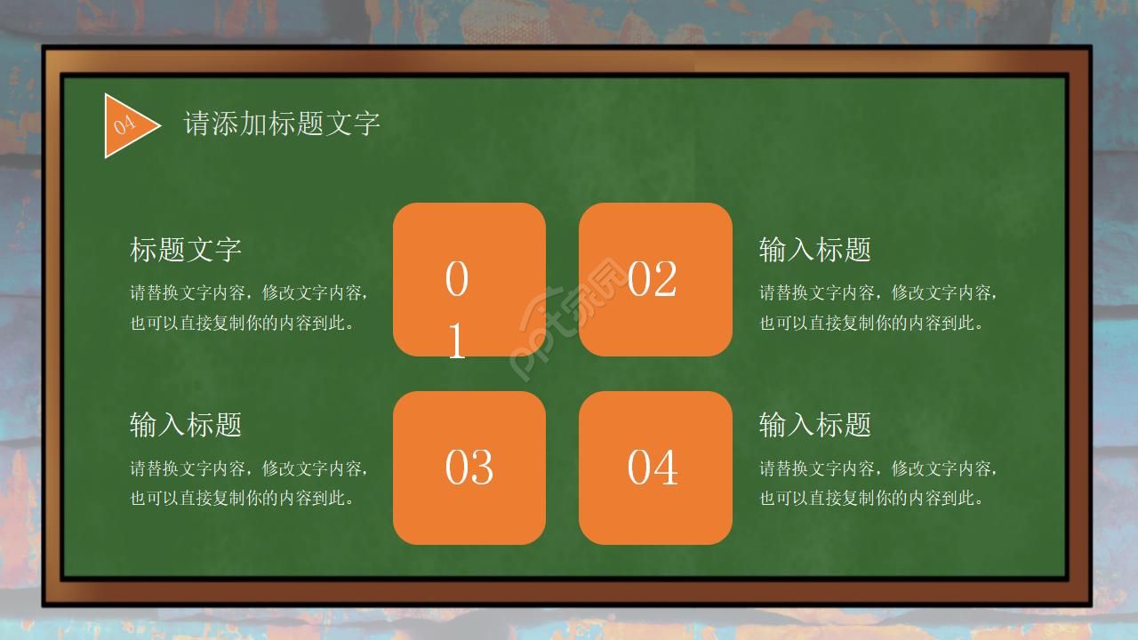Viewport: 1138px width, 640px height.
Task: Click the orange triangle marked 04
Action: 127,125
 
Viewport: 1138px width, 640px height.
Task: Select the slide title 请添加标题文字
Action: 282,124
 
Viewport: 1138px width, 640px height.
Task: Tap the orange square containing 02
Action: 655,279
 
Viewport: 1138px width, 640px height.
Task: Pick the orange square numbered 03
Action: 469,468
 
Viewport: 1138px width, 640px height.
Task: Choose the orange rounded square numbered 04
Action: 655,468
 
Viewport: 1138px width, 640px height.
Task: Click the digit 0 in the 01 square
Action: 456,279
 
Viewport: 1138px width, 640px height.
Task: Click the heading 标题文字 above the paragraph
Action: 186,250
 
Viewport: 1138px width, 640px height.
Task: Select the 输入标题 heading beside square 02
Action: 814,250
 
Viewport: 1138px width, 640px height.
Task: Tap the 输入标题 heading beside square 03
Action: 186,425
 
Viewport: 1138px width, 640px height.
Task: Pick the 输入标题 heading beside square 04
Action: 814,425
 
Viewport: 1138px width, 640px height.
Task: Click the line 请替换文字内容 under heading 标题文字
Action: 249,292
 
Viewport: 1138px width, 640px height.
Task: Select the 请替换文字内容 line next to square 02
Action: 878,292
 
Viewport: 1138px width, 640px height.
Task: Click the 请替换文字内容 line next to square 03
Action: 249,468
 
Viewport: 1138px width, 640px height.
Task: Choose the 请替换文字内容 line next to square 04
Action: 878,468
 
